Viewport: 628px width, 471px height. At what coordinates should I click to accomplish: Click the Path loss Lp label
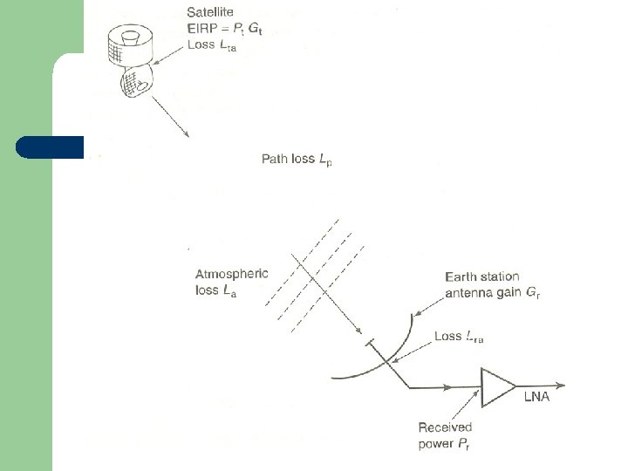(x=297, y=160)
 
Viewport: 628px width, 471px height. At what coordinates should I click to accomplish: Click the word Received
(x=445, y=427)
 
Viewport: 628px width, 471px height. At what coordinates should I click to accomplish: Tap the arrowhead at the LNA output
(x=570, y=387)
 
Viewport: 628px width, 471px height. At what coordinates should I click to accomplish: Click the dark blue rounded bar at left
(x=50, y=147)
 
